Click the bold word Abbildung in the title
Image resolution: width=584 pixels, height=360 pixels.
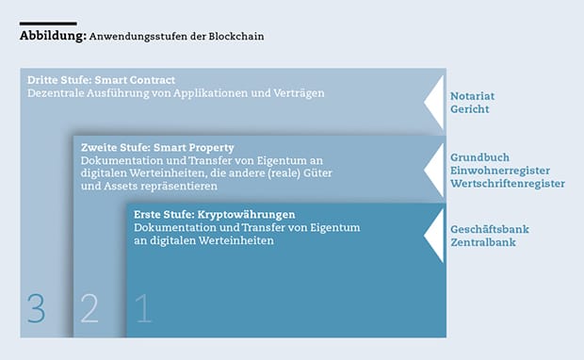click(53, 36)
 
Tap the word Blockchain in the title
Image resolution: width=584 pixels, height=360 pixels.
click(236, 36)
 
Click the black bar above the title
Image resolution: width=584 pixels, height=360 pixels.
click(48, 24)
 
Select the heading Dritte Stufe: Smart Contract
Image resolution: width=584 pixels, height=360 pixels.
click(101, 80)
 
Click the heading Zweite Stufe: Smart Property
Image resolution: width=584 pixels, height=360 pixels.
click(157, 148)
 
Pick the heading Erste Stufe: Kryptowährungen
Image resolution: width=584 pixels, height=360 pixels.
click(214, 215)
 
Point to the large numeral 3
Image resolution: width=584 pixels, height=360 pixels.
click(36, 308)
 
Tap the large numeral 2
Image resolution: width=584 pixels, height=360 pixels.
click(89, 308)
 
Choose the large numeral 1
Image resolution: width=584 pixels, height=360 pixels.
click(143, 308)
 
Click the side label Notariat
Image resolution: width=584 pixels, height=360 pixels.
click(472, 96)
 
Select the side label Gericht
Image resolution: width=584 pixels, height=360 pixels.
click(470, 109)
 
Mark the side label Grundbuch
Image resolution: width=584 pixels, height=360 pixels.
click(479, 157)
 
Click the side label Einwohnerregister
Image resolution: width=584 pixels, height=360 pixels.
click(500, 171)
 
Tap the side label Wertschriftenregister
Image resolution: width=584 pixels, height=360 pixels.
click(508, 184)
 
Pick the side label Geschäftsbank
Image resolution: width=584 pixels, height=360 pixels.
click(490, 229)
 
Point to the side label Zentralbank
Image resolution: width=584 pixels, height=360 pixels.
click(483, 242)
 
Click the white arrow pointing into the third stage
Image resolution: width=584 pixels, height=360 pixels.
click(436, 103)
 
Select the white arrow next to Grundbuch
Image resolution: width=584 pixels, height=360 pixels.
click(436, 170)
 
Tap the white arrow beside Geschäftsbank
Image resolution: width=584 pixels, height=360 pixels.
click(436, 236)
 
